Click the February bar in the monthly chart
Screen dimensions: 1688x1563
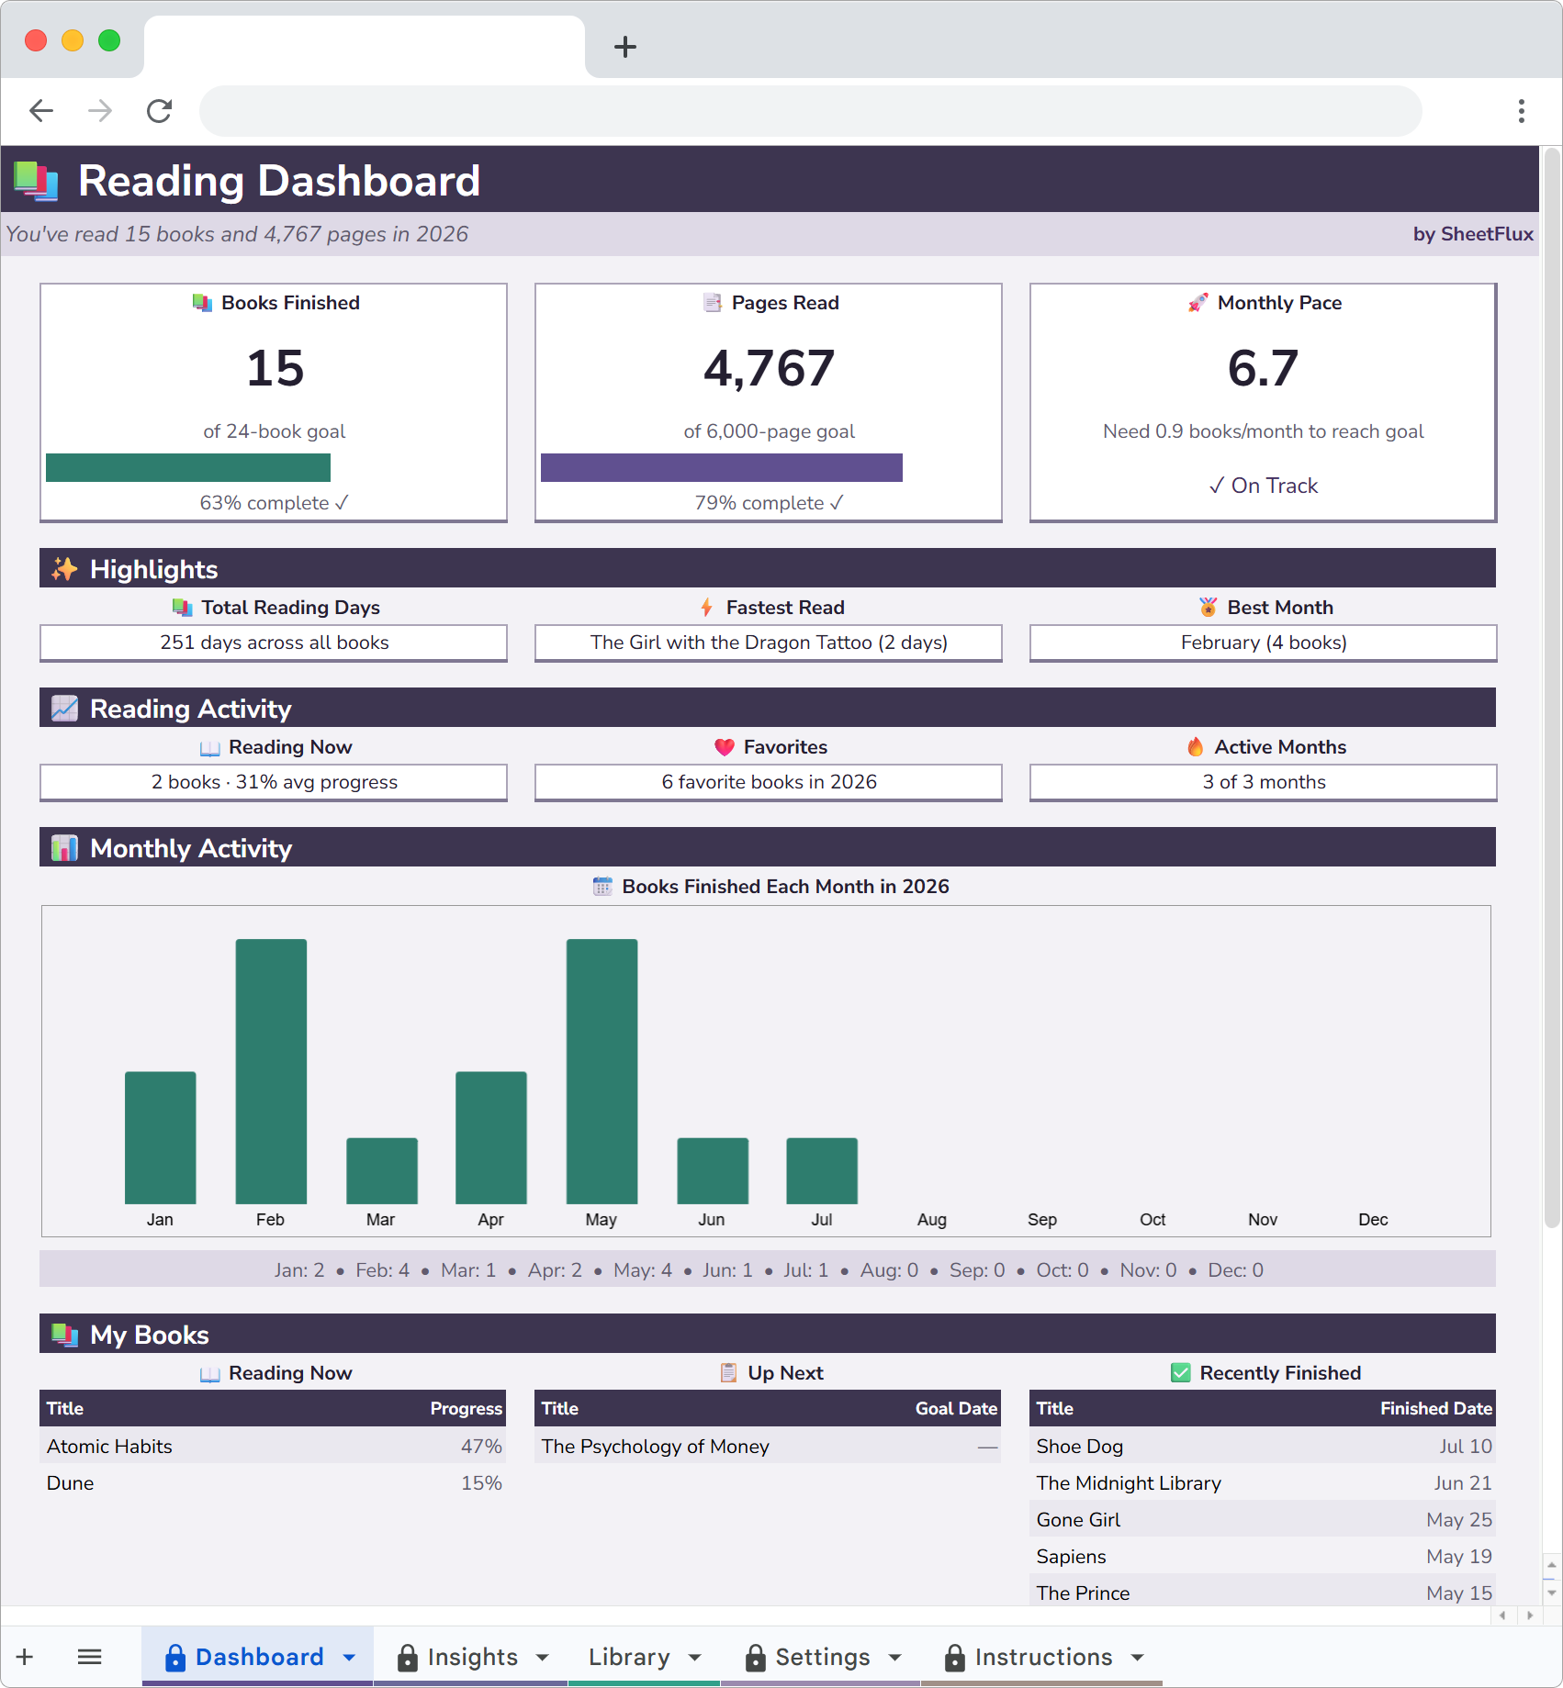point(271,1070)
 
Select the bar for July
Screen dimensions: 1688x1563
point(822,1170)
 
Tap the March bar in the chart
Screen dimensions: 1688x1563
point(381,1170)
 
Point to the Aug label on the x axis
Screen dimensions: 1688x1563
point(931,1220)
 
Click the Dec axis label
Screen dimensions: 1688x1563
point(1373,1220)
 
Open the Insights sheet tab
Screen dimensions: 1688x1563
point(472,1657)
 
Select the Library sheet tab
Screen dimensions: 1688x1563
point(629,1657)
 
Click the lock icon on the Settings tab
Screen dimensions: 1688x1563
point(755,1658)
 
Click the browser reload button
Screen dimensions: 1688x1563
point(160,111)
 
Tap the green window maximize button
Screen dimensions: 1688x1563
point(109,40)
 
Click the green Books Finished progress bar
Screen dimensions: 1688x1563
point(188,467)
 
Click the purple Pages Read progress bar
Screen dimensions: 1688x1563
point(721,467)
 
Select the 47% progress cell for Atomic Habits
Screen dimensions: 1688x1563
point(481,1447)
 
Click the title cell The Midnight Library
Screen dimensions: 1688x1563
point(1129,1483)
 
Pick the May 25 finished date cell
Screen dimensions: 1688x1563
point(1458,1520)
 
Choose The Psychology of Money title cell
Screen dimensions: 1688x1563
point(655,1447)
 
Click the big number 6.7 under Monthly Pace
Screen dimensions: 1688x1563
point(1263,368)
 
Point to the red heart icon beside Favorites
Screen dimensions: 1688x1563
point(725,747)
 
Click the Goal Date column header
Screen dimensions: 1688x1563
point(955,1409)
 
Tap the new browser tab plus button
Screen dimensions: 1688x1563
point(625,47)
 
